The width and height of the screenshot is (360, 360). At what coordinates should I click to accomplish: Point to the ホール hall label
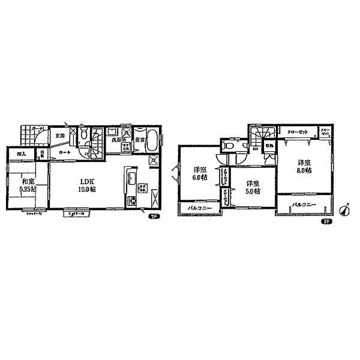(65, 152)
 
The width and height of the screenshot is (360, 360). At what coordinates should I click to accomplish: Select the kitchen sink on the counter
(131, 178)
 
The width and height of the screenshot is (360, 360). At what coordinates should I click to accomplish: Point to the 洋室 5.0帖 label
(251, 187)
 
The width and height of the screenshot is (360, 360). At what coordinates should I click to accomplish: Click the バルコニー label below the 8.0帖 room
(304, 205)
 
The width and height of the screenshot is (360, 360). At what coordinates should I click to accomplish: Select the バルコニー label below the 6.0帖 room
(199, 208)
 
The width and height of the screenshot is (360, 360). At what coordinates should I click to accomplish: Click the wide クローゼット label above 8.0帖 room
(298, 132)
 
